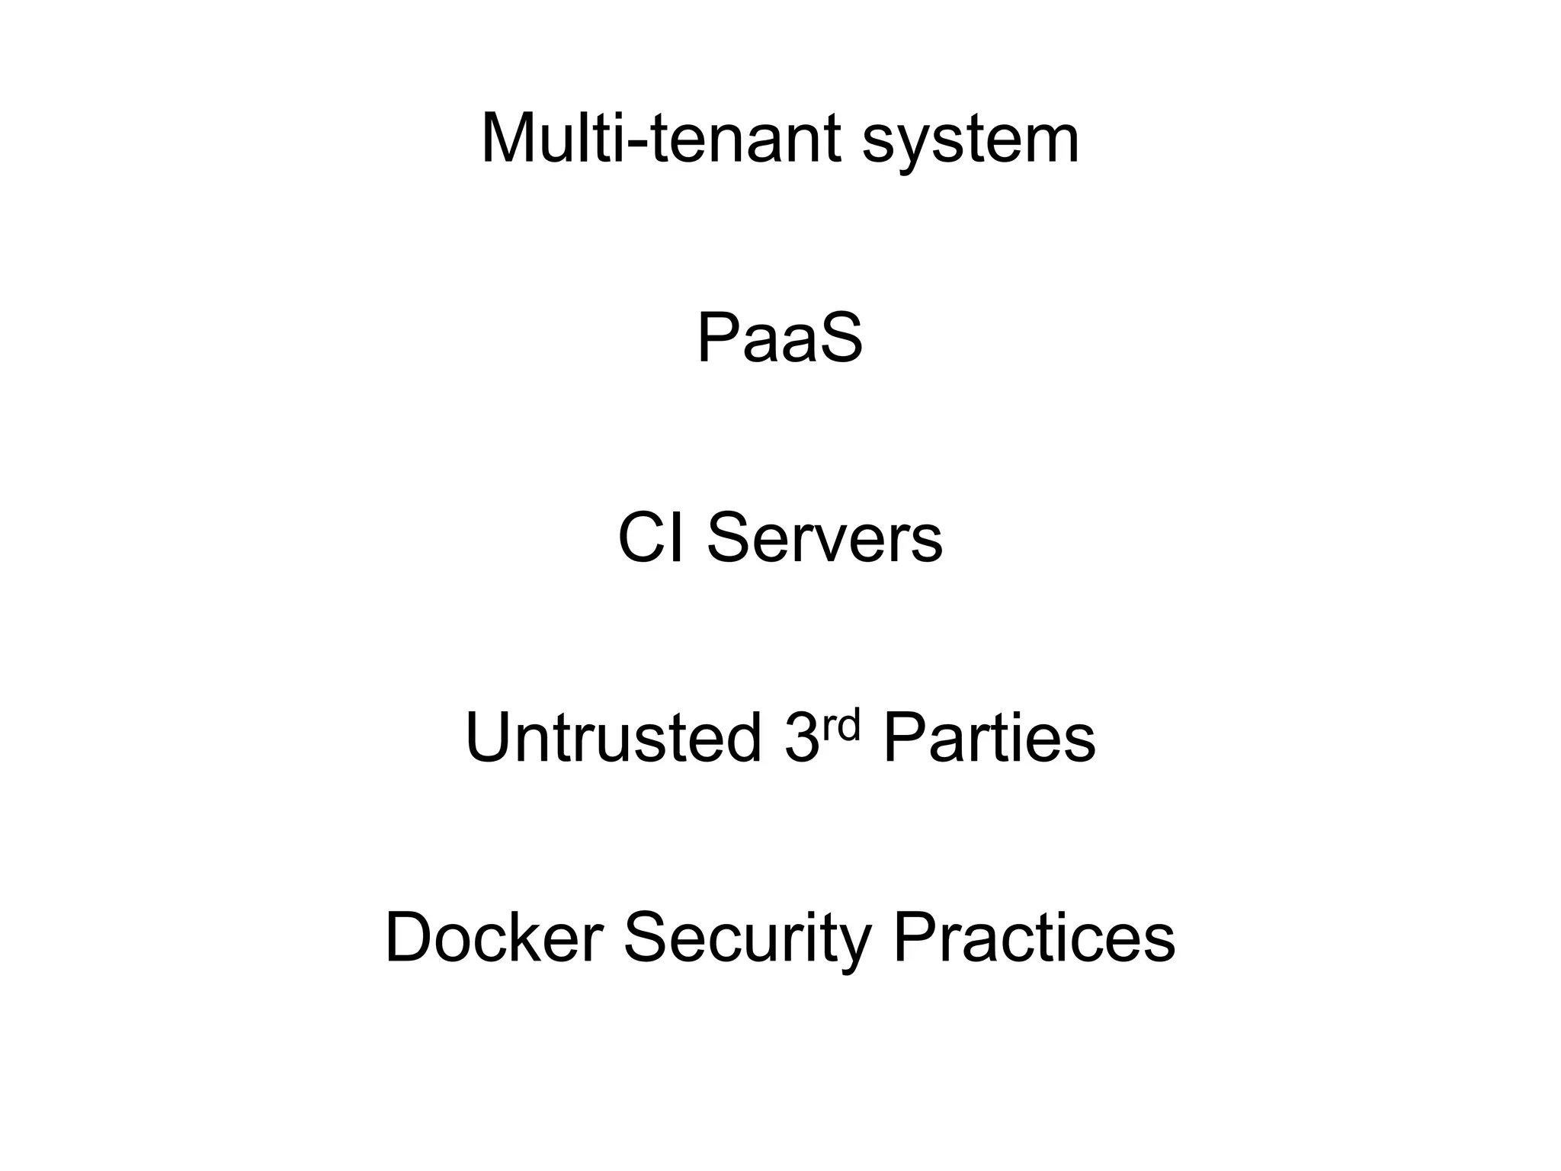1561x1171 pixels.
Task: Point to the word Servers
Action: [x=825, y=538]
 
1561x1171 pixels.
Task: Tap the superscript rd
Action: [x=841, y=725]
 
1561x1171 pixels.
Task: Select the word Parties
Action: [x=989, y=738]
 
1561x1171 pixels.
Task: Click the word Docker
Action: [x=495, y=938]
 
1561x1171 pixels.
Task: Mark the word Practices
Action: [x=1034, y=938]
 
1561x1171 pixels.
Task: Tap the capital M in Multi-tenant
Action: [x=511, y=139]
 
